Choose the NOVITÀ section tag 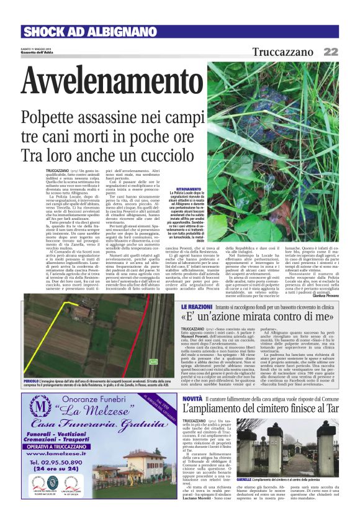pos(193,398)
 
